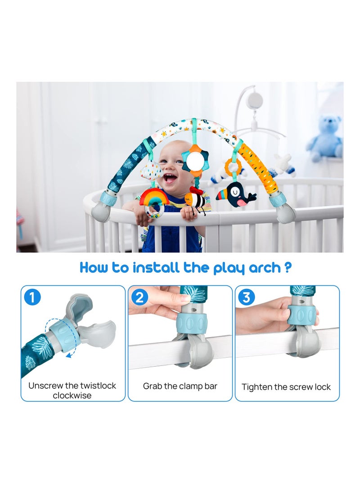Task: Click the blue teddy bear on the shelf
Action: coord(325,137)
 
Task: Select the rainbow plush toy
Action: coord(154,198)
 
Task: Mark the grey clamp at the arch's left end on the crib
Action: coord(101,212)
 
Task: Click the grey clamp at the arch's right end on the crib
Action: coord(286,212)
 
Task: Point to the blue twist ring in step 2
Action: coord(192,324)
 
